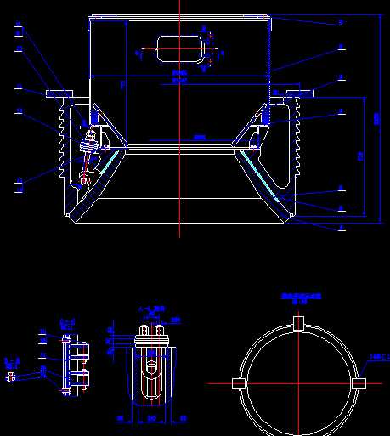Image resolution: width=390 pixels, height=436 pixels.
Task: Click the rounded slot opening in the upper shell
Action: coord(180,47)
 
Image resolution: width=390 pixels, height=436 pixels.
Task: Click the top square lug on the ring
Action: coord(298,323)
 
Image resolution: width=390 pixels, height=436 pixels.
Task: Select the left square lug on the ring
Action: coord(238,383)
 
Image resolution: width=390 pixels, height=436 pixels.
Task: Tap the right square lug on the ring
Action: coord(359,383)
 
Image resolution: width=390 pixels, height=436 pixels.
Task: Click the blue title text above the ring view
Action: coord(301,297)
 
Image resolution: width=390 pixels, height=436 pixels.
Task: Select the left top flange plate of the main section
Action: coord(59,90)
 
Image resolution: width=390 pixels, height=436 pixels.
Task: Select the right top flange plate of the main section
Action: coord(300,90)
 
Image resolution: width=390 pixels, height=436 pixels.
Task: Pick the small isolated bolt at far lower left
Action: coord(11,378)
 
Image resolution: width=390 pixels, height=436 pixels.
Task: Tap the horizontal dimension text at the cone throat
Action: coord(199,137)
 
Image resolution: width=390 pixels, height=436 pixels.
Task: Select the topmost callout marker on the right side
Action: coord(341,22)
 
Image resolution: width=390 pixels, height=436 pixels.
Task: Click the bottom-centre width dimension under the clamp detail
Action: coord(152,419)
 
